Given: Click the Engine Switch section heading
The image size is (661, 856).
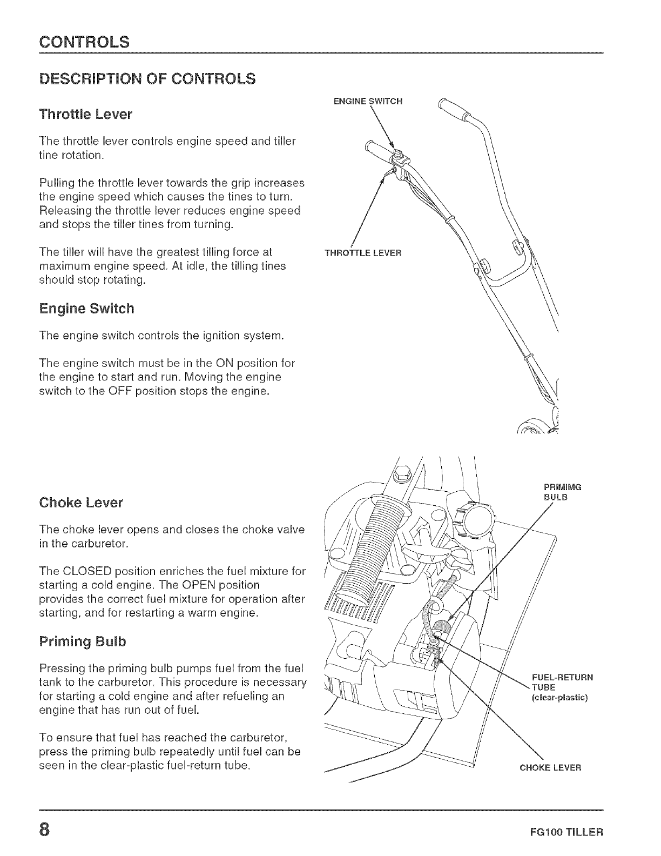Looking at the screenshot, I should (86, 309).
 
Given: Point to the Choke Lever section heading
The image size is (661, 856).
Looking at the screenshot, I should (81, 503).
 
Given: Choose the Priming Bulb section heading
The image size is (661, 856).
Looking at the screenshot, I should (83, 641).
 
